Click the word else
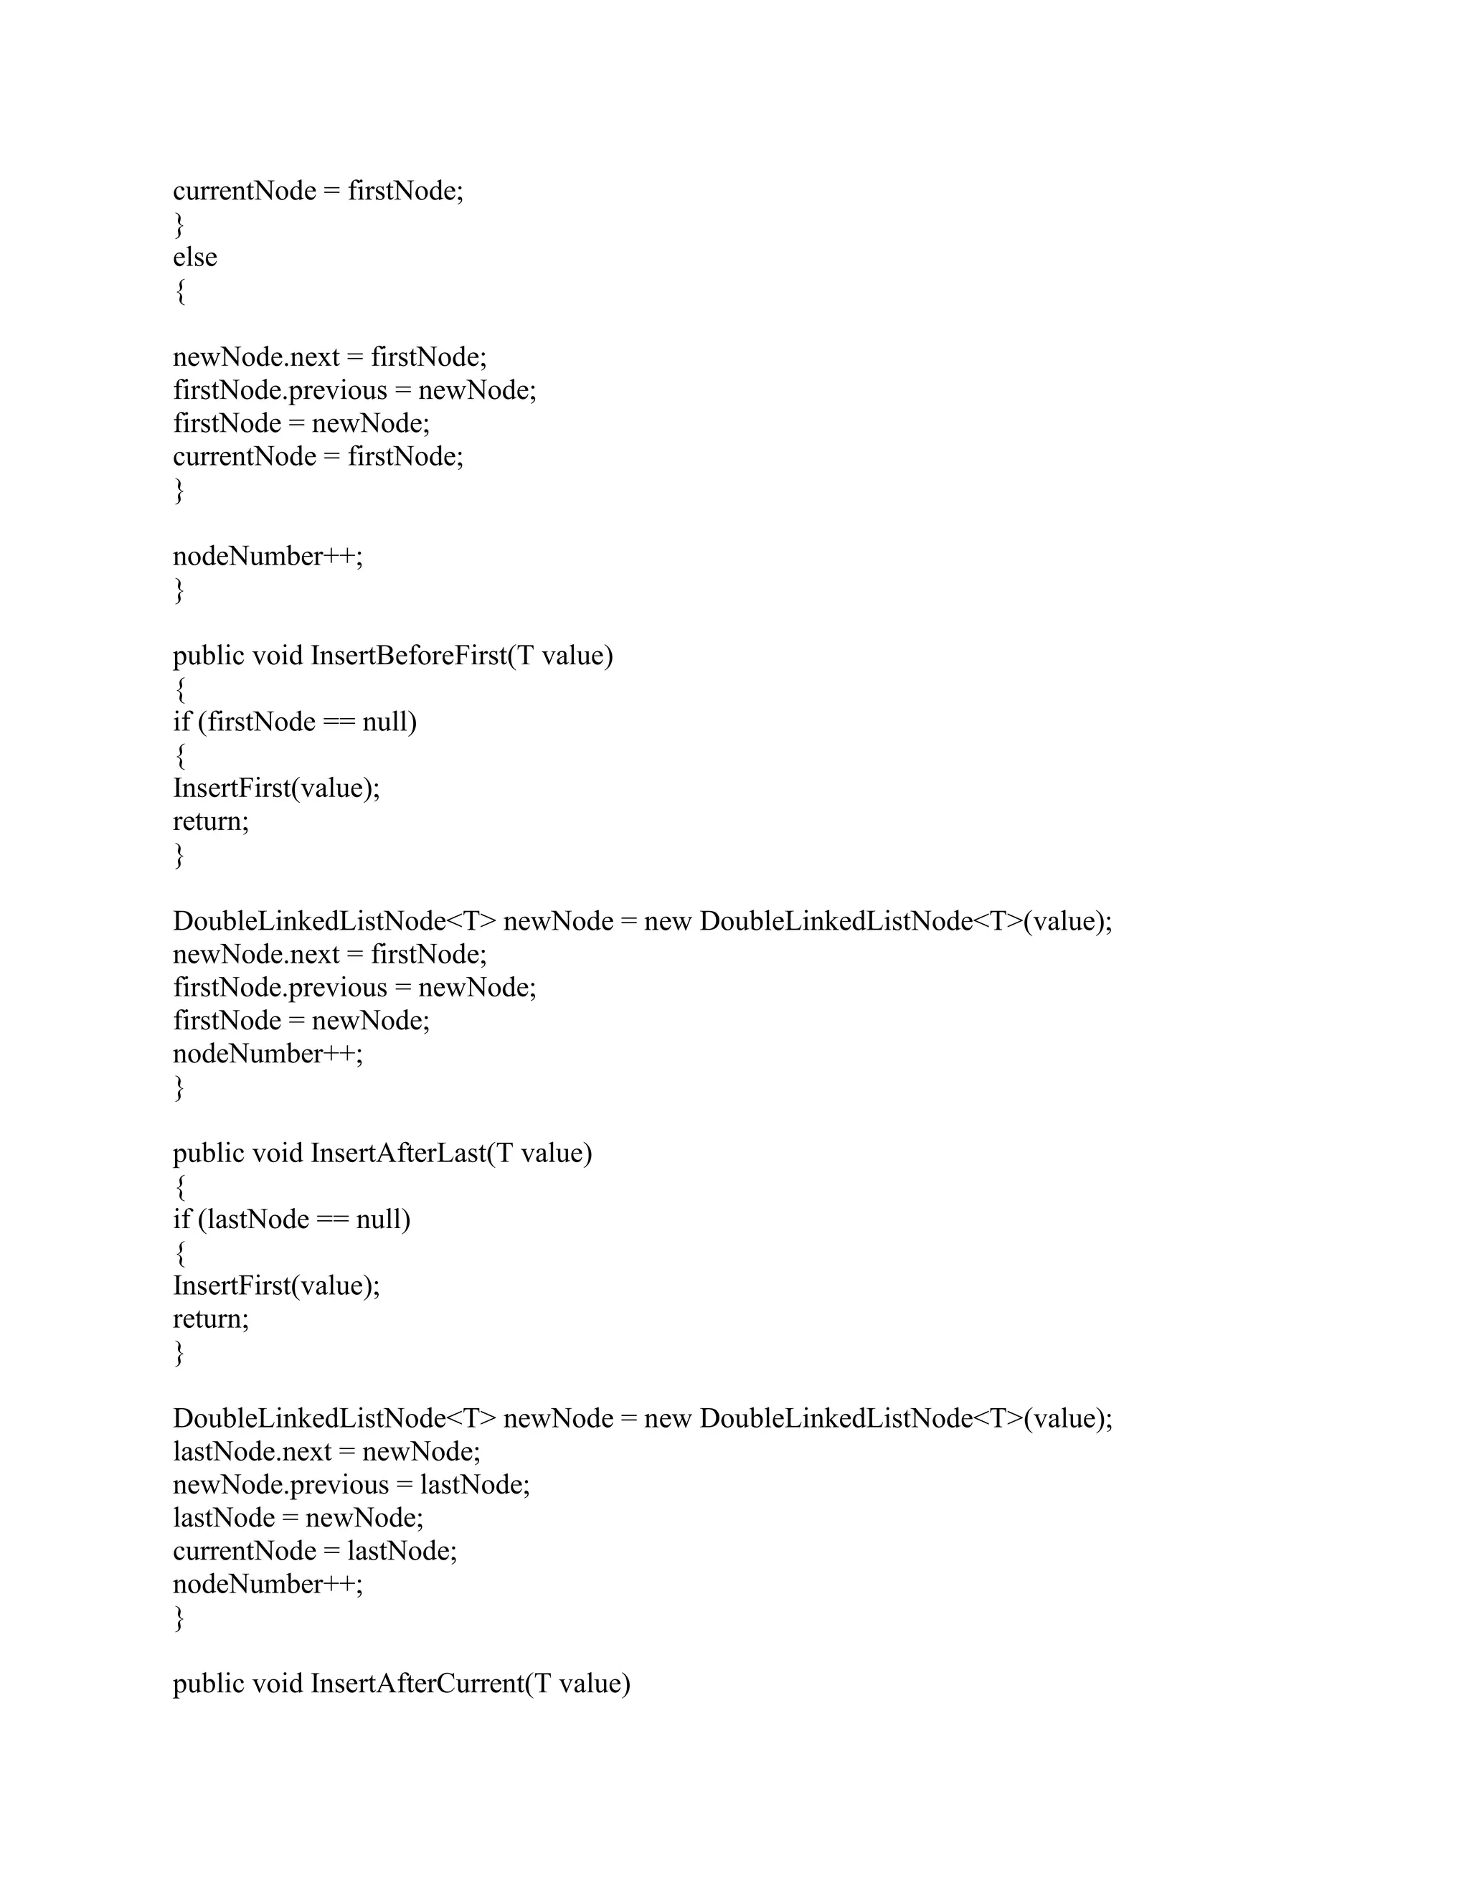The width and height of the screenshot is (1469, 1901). [x=195, y=258]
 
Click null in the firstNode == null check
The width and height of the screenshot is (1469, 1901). [x=388, y=722]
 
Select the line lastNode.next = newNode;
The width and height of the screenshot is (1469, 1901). [x=326, y=1452]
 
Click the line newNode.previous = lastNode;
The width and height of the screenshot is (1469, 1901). [x=351, y=1485]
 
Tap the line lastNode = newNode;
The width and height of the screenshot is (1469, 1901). [x=298, y=1518]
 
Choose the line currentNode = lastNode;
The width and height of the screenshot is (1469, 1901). [x=314, y=1551]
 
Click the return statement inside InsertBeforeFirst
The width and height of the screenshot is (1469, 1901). [x=211, y=821]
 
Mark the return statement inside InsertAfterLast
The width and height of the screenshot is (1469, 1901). [x=211, y=1319]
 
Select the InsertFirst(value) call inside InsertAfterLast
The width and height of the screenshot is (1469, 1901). [x=276, y=1286]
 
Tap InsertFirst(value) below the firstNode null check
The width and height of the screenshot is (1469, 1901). [x=276, y=788]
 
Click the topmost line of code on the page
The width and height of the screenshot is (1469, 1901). [x=318, y=192]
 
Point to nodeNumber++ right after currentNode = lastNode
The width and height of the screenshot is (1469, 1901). [x=267, y=1584]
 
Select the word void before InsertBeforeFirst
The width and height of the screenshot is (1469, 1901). [x=278, y=656]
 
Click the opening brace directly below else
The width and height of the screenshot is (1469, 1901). [x=179, y=291]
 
